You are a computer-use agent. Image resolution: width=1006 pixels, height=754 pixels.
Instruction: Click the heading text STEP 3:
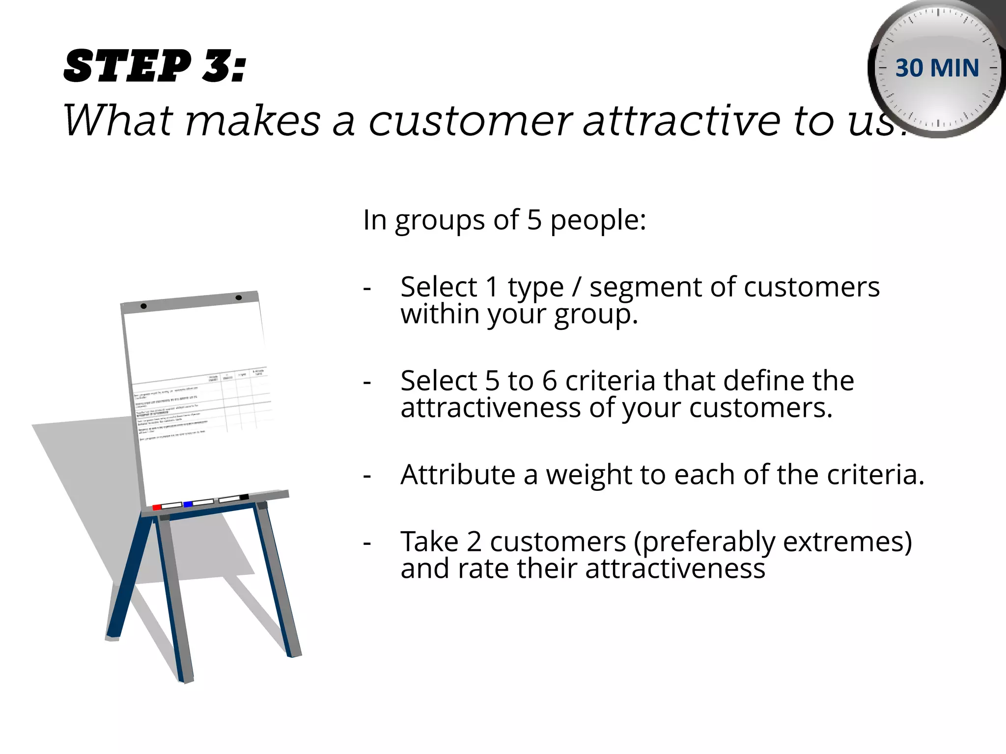[155, 66]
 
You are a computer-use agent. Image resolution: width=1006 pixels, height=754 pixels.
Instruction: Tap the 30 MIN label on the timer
[937, 68]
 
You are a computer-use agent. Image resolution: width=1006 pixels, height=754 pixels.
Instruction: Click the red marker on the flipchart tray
[157, 507]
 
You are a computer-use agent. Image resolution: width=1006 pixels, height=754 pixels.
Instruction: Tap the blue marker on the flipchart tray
[188, 504]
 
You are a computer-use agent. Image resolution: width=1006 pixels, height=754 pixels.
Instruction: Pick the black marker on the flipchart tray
[244, 497]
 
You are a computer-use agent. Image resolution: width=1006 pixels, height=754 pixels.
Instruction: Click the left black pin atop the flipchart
[143, 306]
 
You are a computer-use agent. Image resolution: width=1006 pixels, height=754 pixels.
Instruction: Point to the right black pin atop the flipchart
[239, 298]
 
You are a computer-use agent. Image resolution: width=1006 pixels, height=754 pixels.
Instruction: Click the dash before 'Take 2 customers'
[366, 543]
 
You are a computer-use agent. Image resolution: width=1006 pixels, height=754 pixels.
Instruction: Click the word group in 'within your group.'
[595, 315]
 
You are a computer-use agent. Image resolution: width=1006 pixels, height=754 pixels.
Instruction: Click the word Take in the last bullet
[429, 541]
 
